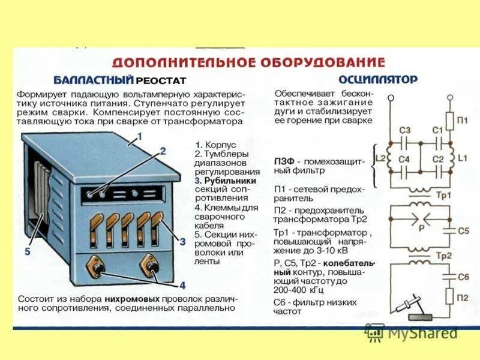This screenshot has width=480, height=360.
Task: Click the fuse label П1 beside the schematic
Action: coord(462,121)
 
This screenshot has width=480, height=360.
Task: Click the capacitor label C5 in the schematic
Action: coord(463,231)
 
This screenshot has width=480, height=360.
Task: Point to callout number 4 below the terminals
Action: coord(182,286)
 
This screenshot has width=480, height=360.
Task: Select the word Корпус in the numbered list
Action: coord(220,145)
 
